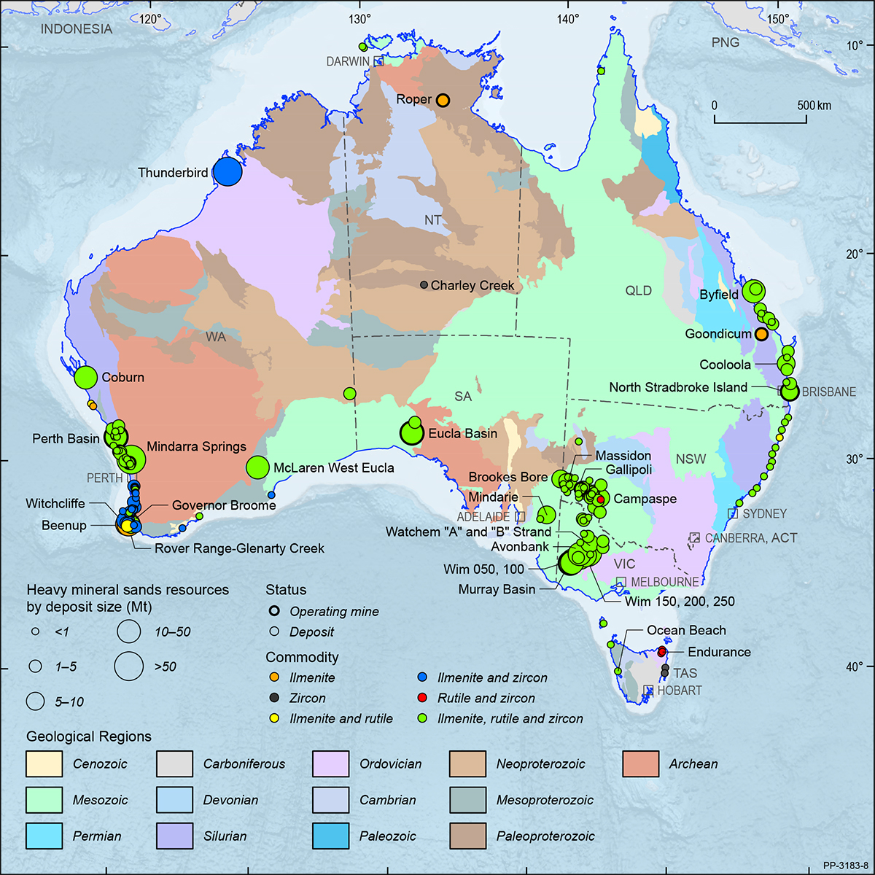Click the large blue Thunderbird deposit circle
(227, 171)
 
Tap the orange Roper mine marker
(443, 100)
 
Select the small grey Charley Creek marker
(424, 285)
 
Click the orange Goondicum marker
(761, 334)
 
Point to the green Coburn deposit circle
(86, 377)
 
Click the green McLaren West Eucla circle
(257, 467)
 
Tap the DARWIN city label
(348, 62)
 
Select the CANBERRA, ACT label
(750, 538)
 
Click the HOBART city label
(679, 691)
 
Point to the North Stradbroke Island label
(678, 387)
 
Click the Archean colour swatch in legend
(641, 764)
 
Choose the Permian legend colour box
(44, 836)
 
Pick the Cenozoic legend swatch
(44, 764)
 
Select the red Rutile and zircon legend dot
(422, 698)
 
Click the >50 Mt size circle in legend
(129, 666)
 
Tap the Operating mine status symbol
(274, 612)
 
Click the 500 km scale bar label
(814, 106)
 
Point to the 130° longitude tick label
(359, 20)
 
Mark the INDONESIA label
(77, 29)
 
